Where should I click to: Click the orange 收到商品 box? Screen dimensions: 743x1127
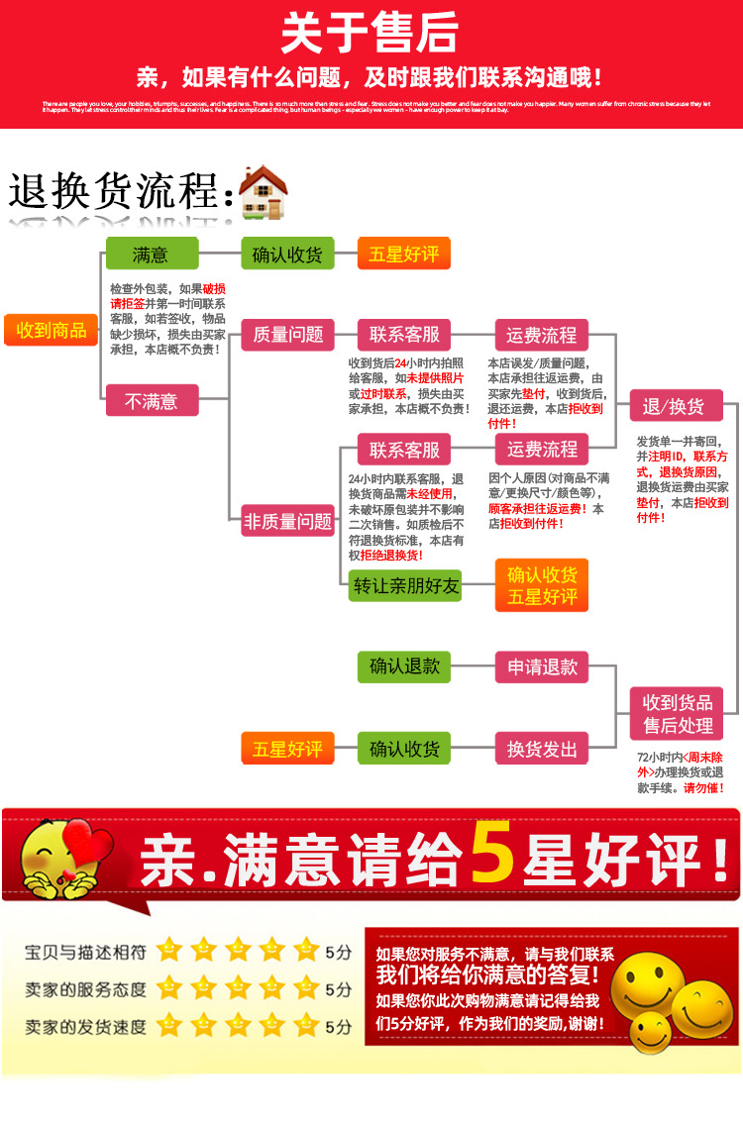pyautogui.click(x=52, y=330)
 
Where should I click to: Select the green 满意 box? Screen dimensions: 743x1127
pyautogui.click(x=152, y=255)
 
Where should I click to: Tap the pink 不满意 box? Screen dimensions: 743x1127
pyautogui.click(x=152, y=401)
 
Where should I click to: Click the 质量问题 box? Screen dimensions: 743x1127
pyautogui.click(x=288, y=335)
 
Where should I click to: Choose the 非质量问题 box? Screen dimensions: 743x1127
pyautogui.click(x=288, y=521)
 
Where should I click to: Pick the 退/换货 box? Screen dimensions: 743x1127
pyautogui.click(x=675, y=406)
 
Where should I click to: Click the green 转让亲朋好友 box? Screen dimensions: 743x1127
pyautogui.click(x=406, y=586)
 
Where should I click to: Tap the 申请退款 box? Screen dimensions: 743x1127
pyautogui.click(x=542, y=667)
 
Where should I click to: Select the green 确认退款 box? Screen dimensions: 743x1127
pyautogui.click(x=404, y=667)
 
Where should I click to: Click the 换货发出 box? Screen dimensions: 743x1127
pyautogui.click(x=542, y=749)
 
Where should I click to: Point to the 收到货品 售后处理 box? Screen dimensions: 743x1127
pyautogui.click(x=678, y=714)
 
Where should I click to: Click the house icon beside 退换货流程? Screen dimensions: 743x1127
pyautogui.click(x=263, y=192)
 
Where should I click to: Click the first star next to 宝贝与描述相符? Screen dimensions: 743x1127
pyautogui.click(x=169, y=952)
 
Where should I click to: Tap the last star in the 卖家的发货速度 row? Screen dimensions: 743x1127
pyautogui.click(x=306, y=1025)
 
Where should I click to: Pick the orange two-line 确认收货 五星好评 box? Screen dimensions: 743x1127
pyautogui.click(x=542, y=586)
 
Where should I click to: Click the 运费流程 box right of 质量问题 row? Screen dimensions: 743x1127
pyautogui.click(x=542, y=335)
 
